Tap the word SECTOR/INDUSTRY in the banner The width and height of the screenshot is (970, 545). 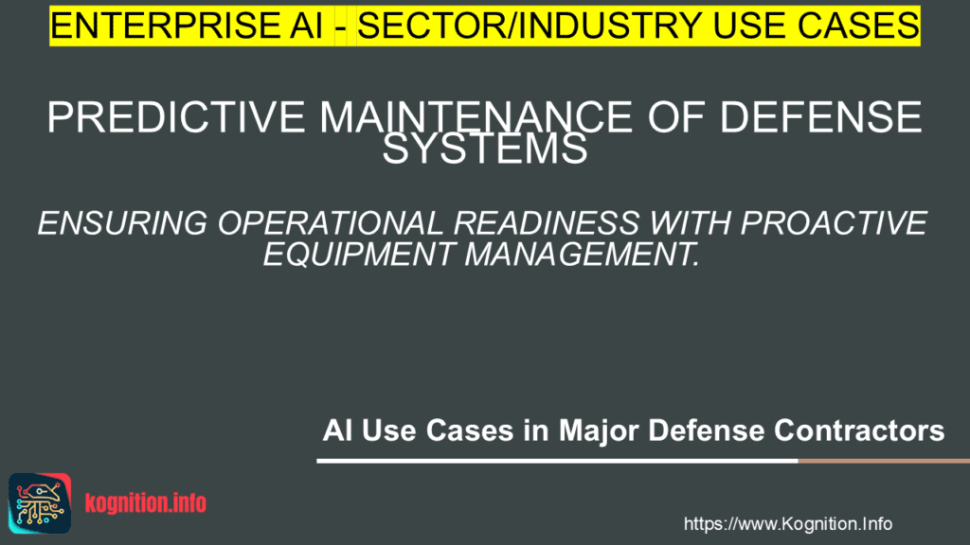(x=530, y=26)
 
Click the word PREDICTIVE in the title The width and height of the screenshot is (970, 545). (x=176, y=116)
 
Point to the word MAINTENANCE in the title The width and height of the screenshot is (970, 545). (x=476, y=116)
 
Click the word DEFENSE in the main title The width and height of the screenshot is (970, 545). (x=820, y=116)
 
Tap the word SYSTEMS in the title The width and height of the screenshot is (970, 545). (x=485, y=149)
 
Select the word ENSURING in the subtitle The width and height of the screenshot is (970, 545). (x=122, y=223)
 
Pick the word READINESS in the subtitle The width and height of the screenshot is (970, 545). (x=547, y=223)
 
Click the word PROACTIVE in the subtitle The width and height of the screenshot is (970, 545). (x=834, y=223)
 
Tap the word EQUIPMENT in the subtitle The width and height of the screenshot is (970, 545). (x=359, y=254)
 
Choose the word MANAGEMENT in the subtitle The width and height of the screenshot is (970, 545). (x=583, y=254)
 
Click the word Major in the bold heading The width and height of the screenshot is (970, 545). (x=600, y=431)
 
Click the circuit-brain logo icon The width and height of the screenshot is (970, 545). (x=40, y=503)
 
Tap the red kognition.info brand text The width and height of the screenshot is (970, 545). (x=145, y=503)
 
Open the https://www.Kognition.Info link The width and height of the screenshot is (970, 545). (x=788, y=524)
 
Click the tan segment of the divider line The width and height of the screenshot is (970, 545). (x=884, y=461)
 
